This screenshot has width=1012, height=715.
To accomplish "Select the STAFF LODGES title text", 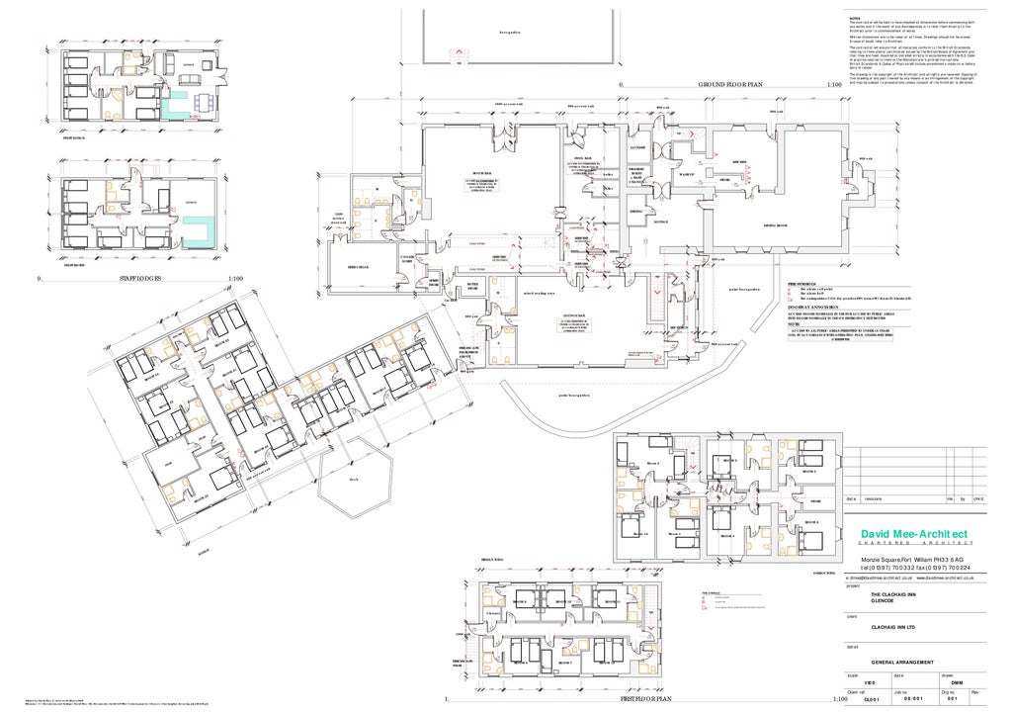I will click(x=141, y=279).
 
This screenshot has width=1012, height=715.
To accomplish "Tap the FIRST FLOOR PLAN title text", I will click(x=648, y=698).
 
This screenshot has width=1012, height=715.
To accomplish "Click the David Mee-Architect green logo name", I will click(x=914, y=535).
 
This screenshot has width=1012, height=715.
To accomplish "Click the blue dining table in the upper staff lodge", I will click(x=204, y=100).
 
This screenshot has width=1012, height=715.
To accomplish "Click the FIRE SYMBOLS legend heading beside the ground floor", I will click(x=807, y=283).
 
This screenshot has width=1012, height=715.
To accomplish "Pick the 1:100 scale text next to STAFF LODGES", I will click(x=235, y=279).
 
